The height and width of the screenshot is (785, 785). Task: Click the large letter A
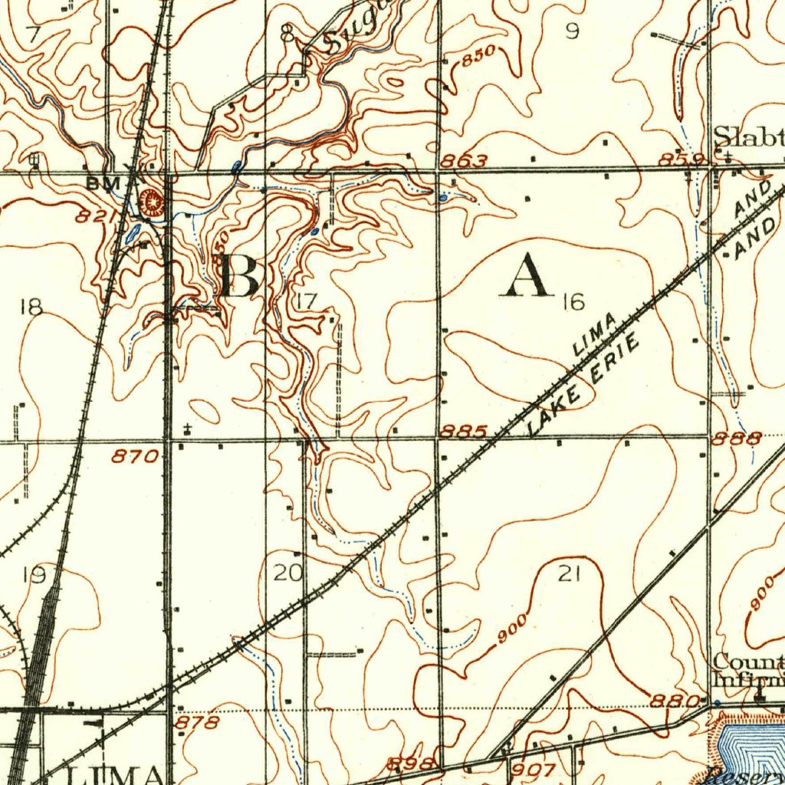(526, 276)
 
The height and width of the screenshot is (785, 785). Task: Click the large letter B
(239, 276)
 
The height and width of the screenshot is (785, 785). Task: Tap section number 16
(572, 302)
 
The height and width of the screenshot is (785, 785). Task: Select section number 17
(307, 301)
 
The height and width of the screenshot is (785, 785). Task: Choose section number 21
(568, 573)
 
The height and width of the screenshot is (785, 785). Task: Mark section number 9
(572, 31)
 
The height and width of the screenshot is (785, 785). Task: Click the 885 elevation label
(464, 432)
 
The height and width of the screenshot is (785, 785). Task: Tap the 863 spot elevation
(465, 161)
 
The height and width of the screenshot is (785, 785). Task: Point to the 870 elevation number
(136, 457)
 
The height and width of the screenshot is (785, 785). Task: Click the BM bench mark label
(100, 183)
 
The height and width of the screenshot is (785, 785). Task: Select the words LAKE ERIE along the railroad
(585, 386)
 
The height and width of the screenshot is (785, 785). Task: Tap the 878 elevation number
(197, 722)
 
